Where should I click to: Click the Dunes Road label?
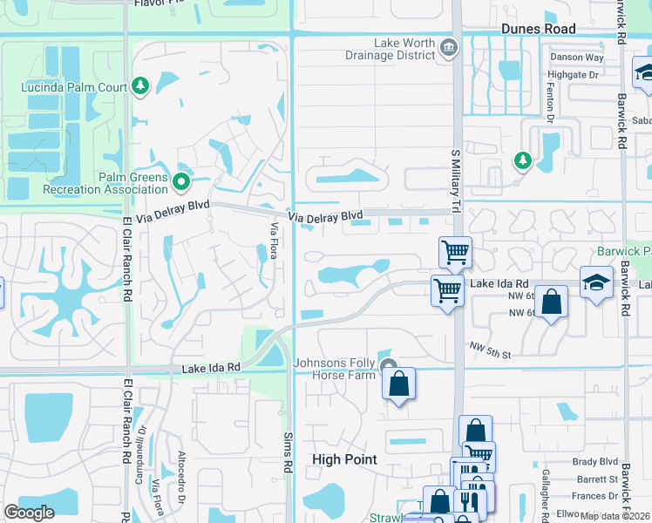pos(539,29)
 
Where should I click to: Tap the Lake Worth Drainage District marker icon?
pos(449,47)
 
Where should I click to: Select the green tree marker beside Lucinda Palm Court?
pos(140,85)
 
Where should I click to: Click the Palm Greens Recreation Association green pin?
pos(181,182)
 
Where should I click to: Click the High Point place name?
pos(344,459)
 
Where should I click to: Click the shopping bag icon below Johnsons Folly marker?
pos(398,384)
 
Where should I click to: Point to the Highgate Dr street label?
pos(574,75)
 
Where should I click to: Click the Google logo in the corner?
pos(29,512)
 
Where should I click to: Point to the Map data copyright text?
pos(615,516)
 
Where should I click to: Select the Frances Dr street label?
pos(595,496)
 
